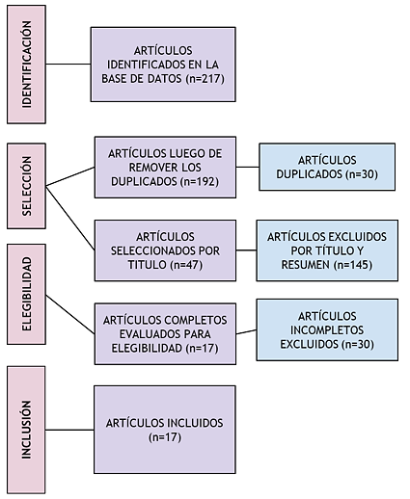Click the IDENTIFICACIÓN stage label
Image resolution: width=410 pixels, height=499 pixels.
click(27, 65)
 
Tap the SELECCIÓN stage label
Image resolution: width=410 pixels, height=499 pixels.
click(27, 186)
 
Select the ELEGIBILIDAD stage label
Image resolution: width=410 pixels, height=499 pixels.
click(27, 294)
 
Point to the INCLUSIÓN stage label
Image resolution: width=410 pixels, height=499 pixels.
click(27, 430)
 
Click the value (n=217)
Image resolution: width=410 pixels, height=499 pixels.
click(205, 79)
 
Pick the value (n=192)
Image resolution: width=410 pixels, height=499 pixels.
click(200, 182)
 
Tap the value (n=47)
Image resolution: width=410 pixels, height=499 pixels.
click(186, 265)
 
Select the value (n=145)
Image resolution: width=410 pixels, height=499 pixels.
click(353, 265)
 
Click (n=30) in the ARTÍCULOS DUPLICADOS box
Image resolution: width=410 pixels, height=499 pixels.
click(362, 174)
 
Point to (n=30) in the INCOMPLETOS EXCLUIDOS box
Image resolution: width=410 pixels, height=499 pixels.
click(358, 344)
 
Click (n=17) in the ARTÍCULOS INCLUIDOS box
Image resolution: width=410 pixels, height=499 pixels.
click(165, 437)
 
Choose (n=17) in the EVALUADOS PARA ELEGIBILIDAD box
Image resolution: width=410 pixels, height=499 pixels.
click(202, 349)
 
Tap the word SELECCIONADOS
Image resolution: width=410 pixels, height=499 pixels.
click(150, 250)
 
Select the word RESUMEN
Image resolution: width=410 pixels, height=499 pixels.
click(305, 265)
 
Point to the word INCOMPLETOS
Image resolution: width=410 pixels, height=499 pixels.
click(327, 330)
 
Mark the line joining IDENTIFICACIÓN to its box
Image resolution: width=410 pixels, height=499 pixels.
click(68, 64)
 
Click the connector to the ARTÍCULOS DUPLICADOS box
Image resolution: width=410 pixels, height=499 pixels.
click(248, 167)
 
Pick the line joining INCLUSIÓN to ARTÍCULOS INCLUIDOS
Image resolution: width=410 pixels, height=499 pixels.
click(69, 430)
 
